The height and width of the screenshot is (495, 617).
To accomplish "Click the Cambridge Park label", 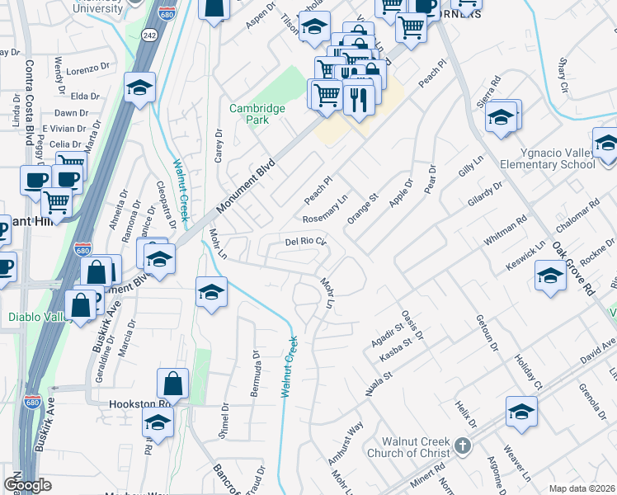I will coord(257,114).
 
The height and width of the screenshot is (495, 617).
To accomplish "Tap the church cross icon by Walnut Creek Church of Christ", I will coord(463,446).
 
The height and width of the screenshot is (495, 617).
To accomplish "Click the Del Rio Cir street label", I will coord(307,243).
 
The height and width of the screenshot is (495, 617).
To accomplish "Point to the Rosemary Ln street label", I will coord(326,210).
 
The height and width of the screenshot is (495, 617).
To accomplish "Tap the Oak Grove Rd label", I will coord(574,269).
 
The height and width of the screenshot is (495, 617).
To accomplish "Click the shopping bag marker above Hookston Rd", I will coord(174,384).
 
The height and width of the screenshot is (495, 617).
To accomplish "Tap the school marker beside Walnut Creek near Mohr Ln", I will coord(211,292).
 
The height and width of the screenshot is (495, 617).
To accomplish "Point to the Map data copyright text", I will coord(581,488).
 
